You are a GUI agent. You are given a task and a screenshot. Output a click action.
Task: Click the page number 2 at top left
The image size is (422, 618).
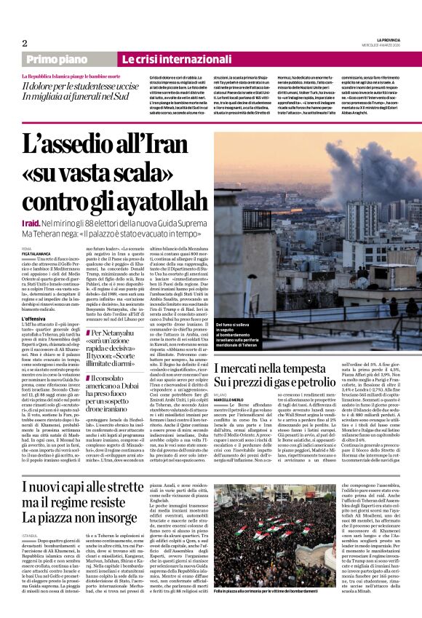(24, 43)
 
